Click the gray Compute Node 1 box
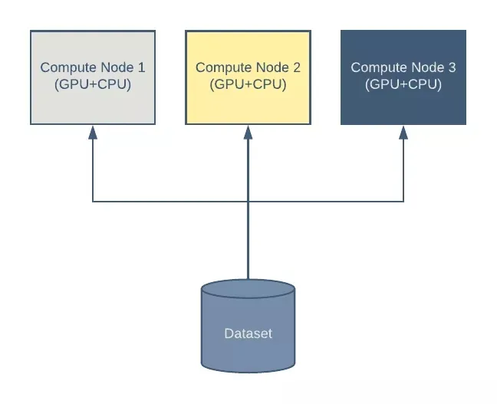pos(93,77)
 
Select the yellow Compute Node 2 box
pos(248,77)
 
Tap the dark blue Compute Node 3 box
pos(403,77)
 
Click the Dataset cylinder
pos(248,326)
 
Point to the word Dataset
pos(248,333)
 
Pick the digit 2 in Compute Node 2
pos(297,67)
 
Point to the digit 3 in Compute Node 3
pos(452,67)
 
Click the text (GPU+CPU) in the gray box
pos(93,84)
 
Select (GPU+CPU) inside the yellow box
pos(248,84)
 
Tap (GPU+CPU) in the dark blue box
pos(403,84)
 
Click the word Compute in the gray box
pos(69,67)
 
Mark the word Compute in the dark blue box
pos(380,67)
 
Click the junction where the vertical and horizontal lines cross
pos(248,201)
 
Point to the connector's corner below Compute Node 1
pos(93,201)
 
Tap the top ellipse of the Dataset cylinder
pos(248,289)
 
